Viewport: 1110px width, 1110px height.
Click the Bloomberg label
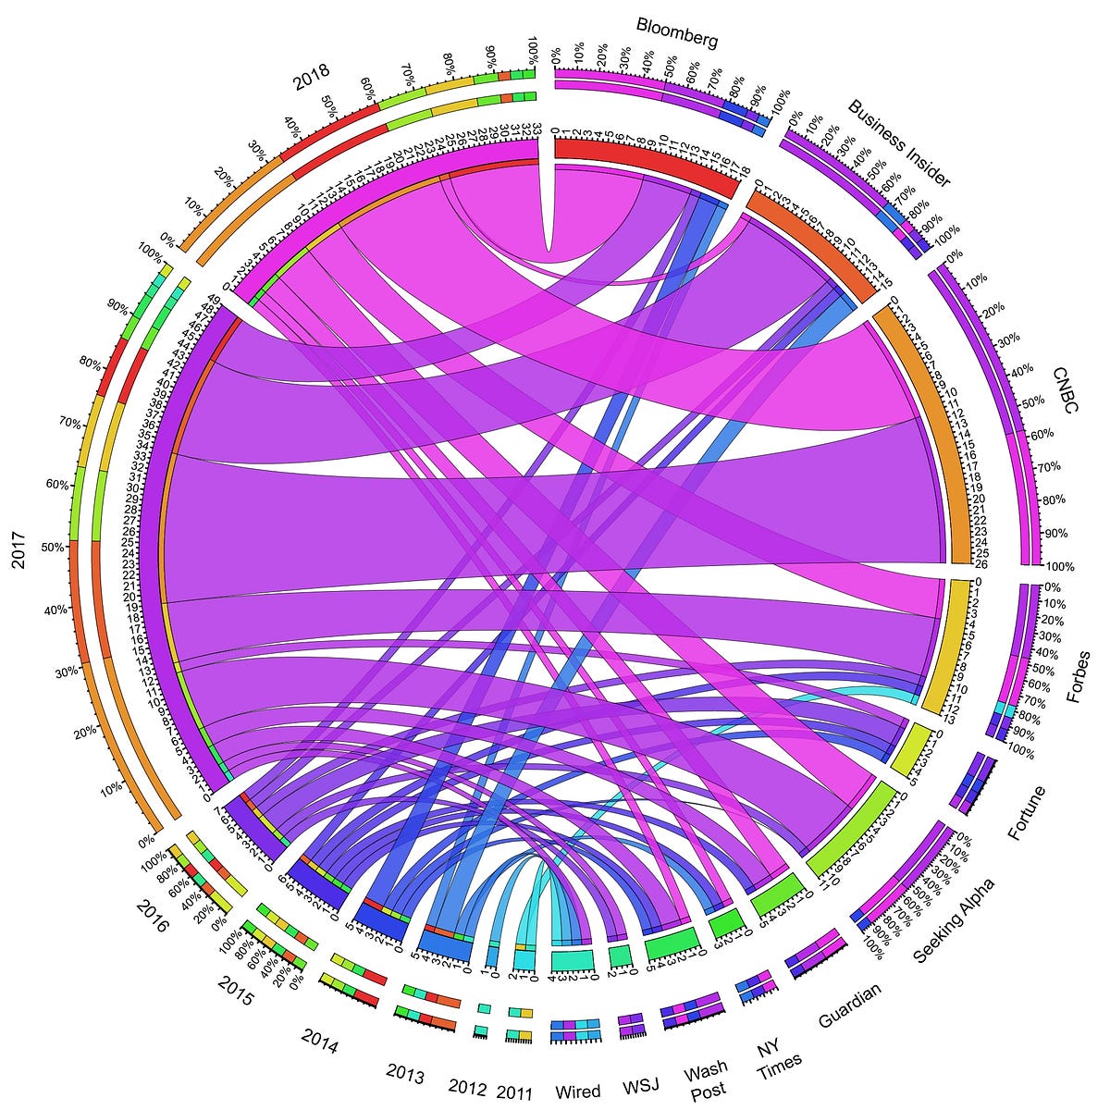click(x=677, y=33)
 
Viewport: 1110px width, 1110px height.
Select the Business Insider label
click(x=898, y=142)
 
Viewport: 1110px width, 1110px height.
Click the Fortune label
click(x=1027, y=811)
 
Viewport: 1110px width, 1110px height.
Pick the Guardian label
click(x=850, y=1004)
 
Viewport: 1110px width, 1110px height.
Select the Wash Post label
click(x=706, y=1081)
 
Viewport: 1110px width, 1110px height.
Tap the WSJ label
click(x=641, y=1084)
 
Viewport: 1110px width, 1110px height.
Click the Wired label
click(x=578, y=1091)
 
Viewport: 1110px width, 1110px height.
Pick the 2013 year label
click(x=405, y=1076)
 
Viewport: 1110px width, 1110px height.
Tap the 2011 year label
click(x=514, y=1092)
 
